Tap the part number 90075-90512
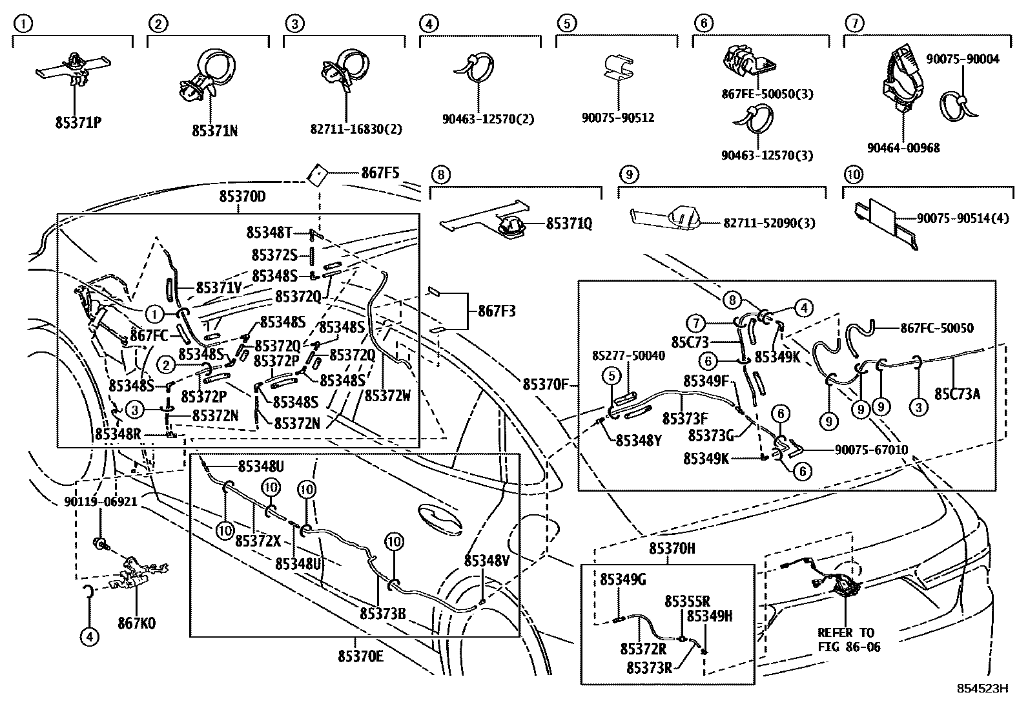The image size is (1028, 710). [x=618, y=118]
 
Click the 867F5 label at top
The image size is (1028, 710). [x=380, y=173]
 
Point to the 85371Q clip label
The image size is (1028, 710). [x=569, y=224]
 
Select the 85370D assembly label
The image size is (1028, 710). [x=242, y=196]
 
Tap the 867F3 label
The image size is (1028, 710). [x=497, y=311]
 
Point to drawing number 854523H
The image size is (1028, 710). [x=982, y=689]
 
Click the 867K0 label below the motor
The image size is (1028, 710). [x=136, y=623]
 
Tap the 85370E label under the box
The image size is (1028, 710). [x=360, y=656]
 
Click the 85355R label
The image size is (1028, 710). [x=688, y=601]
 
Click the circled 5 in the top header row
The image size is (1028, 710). [x=566, y=25]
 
